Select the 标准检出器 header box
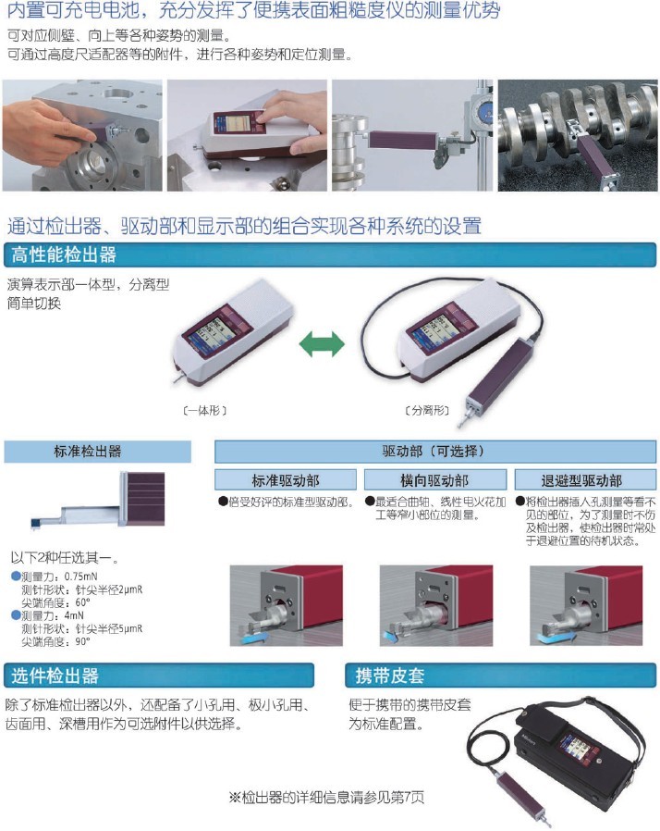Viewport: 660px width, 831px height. (97, 452)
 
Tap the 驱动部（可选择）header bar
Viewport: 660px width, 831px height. (433, 452)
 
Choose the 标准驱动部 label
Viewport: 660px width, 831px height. (286, 480)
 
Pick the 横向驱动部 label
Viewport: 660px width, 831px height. (434, 480)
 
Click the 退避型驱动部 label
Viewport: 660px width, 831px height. (581, 480)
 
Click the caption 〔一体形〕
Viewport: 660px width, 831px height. (205, 409)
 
